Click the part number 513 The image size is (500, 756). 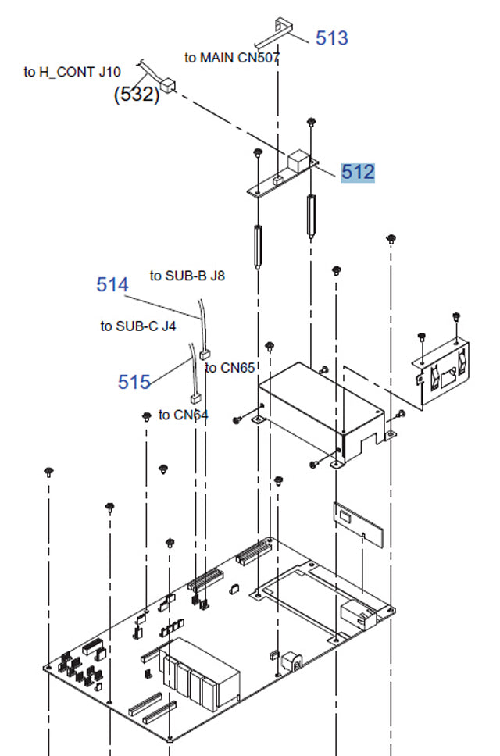coord(331,37)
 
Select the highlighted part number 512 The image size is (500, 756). coord(358,172)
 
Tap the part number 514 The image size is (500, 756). coord(112,285)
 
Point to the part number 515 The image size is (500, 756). coord(134,382)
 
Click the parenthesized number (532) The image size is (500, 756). coord(137,95)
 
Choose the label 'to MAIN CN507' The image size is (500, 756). coord(232,58)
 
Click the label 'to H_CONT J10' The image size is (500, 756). coord(72,73)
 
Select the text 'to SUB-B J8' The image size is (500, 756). coord(187,276)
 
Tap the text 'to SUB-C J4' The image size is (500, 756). coord(138,326)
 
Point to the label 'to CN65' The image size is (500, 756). coord(230,368)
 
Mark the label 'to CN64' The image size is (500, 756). coord(184,415)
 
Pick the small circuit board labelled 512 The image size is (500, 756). coord(282,177)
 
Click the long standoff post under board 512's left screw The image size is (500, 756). coord(257,245)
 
